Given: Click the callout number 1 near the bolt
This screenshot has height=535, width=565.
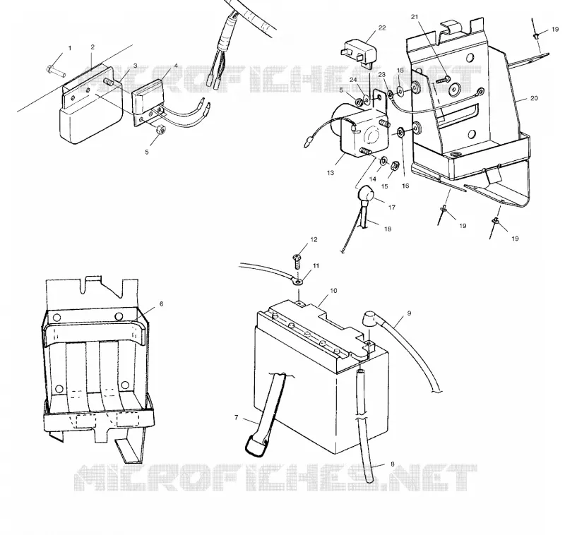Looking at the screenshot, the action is (x=70, y=48).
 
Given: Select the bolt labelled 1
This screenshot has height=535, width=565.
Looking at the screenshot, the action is (x=56, y=71).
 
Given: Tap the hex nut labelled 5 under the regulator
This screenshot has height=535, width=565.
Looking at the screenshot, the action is (x=161, y=129).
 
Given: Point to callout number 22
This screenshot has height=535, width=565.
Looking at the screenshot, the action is (x=382, y=28).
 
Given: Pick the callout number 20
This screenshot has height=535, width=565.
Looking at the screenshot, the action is (x=534, y=98).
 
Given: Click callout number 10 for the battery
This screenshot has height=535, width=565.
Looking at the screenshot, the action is (x=333, y=291).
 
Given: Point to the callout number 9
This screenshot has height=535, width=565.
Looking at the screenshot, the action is (x=409, y=313).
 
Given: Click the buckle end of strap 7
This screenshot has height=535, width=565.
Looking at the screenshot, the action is (x=256, y=445).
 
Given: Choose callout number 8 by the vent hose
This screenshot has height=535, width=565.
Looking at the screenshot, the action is (x=393, y=464).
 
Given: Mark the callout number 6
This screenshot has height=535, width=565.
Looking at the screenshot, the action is (x=161, y=304).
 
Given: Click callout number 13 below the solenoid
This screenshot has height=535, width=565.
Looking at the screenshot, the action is (x=330, y=173).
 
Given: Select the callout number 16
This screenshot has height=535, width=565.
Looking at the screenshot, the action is (x=405, y=186).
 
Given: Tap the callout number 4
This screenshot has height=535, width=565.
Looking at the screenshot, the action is (x=176, y=66).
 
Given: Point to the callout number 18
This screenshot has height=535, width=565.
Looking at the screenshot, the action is (x=387, y=229).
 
